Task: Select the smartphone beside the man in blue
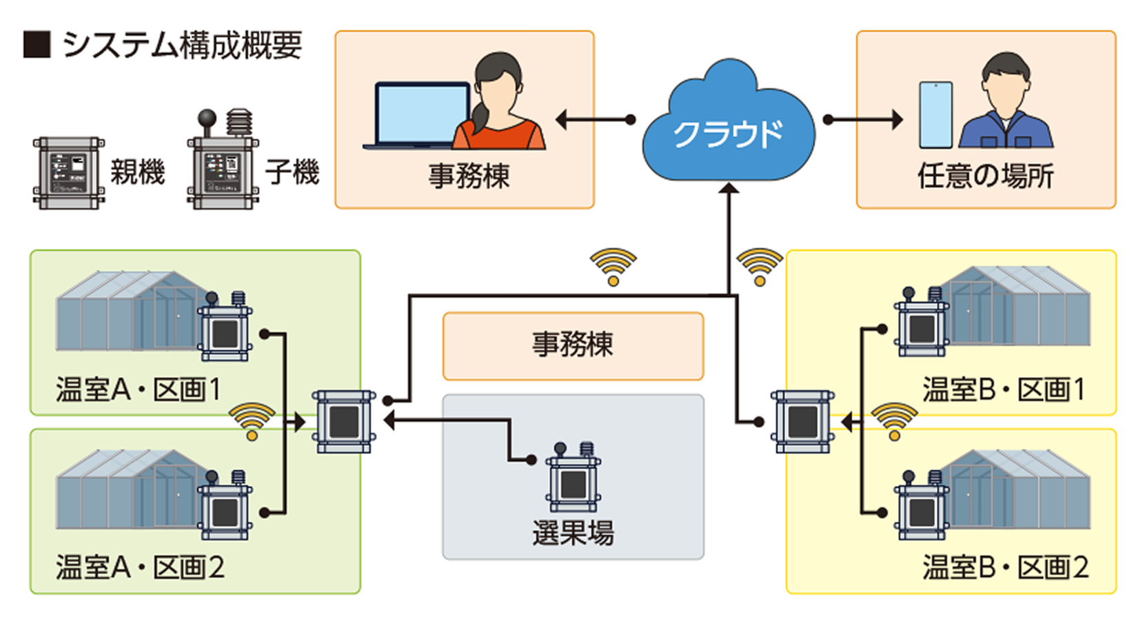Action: click(935, 115)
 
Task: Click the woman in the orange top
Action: click(498, 103)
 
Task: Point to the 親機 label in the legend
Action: click(138, 172)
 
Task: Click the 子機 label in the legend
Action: click(292, 172)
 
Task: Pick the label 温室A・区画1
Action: click(139, 389)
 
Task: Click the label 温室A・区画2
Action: click(140, 568)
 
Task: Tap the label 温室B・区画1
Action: click(1004, 389)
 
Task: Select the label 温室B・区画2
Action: click(1005, 568)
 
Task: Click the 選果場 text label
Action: click(573, 533)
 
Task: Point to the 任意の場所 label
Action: click(985, 176)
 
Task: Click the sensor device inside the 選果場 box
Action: click(573, 479)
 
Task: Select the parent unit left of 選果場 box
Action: click(344, 421)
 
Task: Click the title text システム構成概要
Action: click(182, 45)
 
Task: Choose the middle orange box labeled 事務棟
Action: click(573, 345)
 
